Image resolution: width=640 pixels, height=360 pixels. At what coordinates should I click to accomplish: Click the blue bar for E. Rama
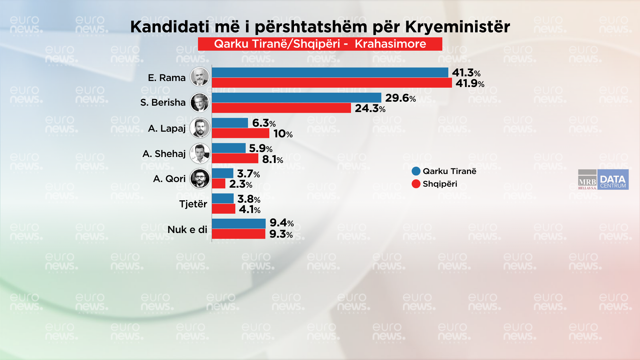[x=330, y=72]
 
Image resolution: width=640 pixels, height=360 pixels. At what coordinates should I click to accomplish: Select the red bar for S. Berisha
[x=281, y=108]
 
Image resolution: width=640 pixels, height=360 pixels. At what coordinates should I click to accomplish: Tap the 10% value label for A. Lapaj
[x=283, y=134]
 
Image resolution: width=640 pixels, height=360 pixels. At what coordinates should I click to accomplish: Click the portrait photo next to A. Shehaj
[x=200, y=153]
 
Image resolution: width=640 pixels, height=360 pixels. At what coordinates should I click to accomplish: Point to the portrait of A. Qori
[x=200, y=178]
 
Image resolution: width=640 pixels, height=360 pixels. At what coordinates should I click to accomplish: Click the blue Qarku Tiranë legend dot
[x=416, y=171]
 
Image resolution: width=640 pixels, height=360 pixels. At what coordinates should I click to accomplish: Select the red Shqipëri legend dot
[x=416, y=184]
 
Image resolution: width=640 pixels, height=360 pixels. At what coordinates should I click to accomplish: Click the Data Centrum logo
[x=613, y=180]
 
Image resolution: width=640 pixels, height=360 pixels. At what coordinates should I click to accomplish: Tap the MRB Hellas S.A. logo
[x=587, y=180]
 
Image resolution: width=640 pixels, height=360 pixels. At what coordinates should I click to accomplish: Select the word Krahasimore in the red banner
[x=390, y=44]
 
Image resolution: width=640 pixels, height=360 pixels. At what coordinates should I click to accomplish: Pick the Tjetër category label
[x=193, y=204]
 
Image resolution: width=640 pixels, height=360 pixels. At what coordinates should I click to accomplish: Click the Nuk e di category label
[x=187, y=229]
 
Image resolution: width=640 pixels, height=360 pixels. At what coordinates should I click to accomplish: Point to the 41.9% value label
[x=470, y=83]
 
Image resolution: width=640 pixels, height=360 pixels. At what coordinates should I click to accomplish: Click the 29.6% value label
[x=400, y=98]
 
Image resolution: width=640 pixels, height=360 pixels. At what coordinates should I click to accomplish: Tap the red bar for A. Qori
[x=219, y=184]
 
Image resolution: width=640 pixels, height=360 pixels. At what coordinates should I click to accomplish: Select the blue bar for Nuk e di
[x=239, y=223]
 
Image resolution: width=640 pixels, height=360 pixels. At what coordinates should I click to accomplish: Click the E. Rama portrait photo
[x=200, y=77]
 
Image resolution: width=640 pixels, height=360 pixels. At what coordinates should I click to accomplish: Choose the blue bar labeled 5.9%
[x=229, y=148]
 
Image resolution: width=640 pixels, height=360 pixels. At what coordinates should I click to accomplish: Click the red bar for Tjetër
[x=223, y=209]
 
